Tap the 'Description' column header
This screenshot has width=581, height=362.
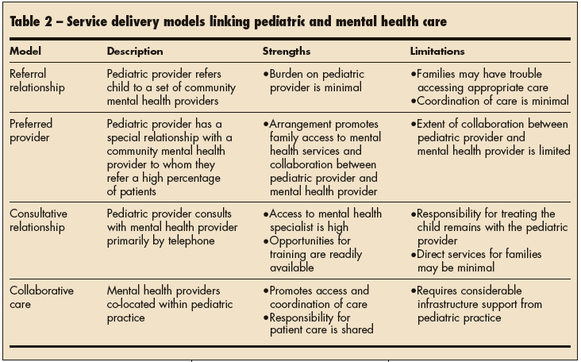click(x=135, y=52)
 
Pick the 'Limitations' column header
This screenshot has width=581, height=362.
click(x=437, y=52)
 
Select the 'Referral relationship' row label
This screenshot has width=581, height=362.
click(x=39, y=80)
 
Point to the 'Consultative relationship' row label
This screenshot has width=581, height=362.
click(x=40, y=220)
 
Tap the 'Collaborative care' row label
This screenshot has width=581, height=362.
click(x=41, y=296)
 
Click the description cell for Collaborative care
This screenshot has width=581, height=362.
click(x=164, y=304)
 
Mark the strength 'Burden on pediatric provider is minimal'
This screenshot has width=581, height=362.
click(x=317, y=80)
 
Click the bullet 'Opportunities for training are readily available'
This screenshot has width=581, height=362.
click(x=317, y=255)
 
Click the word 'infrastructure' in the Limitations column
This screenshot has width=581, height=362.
click(x=453, y=304)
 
